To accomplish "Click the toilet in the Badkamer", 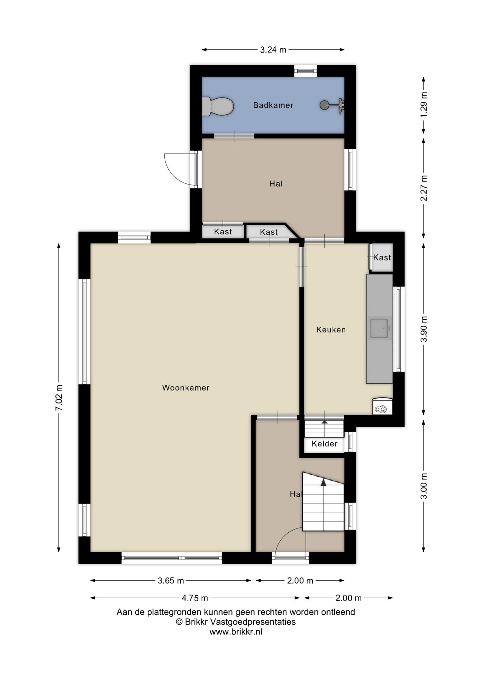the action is coord(218,106).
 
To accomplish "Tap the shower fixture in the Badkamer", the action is coord(333,105).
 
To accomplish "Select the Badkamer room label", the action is coord(273,105).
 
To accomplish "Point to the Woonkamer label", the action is coord(186,388).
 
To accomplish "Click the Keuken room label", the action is coord(331,330).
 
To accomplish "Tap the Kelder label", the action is coord(324,443).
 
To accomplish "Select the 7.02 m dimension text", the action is coord(59,398).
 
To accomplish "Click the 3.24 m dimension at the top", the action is coord(273,50).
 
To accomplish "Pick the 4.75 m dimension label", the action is coord(195,598).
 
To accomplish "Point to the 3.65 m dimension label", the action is coord(171,581).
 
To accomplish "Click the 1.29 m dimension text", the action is coord(424,105).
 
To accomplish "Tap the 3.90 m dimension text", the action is coord(424,329).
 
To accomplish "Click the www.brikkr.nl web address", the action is coord(236,632).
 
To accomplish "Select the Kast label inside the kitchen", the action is coord(382,258).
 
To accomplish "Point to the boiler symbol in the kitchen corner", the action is coord(382,406).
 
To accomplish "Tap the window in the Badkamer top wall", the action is coord(305,71).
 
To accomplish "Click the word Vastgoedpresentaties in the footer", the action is coord(253,622).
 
